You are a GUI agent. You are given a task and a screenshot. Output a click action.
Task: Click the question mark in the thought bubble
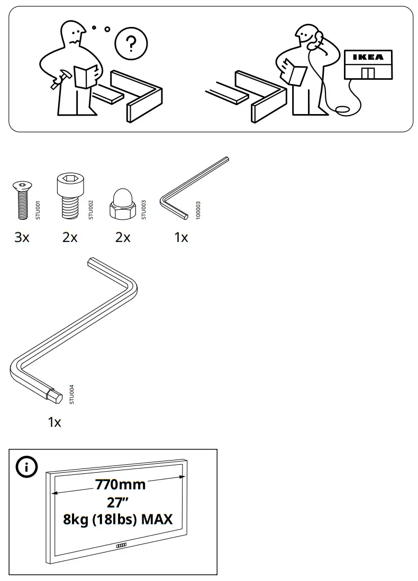(131, 43)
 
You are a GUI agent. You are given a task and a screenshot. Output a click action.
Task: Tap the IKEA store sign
(368, 57)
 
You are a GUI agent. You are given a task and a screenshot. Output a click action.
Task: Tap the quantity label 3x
(22, 238)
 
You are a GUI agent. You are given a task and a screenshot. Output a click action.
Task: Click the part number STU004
(72, 394)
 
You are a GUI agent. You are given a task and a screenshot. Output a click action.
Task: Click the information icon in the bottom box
(24, 467)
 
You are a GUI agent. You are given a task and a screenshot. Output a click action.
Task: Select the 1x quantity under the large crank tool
(54, 423)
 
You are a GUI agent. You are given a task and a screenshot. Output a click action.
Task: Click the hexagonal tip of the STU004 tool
(55, 395)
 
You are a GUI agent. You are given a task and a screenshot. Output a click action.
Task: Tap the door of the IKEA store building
(368, 72)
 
